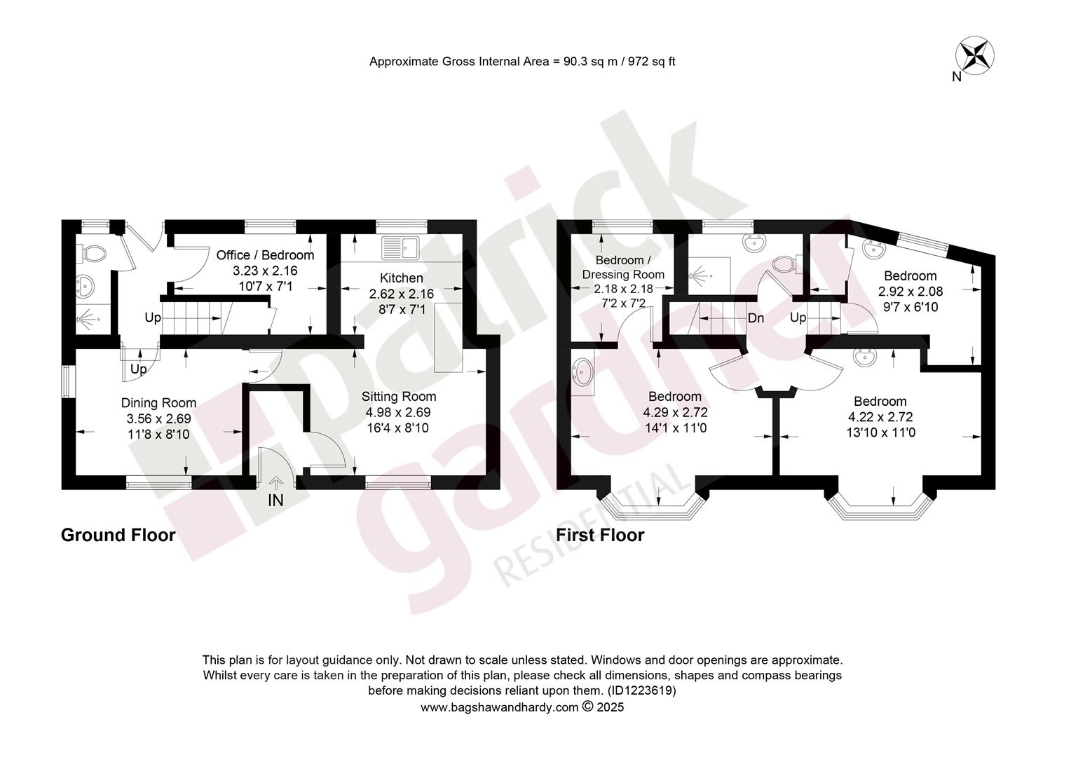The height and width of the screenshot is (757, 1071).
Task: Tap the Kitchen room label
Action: [401, 278]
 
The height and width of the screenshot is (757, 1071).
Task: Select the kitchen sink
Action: [400, 247]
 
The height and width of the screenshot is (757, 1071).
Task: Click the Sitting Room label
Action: [399, 397]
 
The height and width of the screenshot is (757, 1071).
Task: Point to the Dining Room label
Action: [158, 403]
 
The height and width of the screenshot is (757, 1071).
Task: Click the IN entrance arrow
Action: [275, 484]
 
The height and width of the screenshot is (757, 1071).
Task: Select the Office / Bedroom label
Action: [265, 255]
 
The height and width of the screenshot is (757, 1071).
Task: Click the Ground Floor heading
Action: [118, 535]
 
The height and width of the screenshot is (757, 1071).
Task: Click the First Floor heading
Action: [600, 535]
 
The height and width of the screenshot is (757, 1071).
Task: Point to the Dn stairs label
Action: [756, 318]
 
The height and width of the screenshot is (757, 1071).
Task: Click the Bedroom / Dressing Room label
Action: [623, 267]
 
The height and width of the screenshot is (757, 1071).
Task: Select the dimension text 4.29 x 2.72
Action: [675, 412]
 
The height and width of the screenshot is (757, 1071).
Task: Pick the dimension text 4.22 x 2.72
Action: [880, 417]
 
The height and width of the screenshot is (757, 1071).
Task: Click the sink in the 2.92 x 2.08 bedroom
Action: [875, 249]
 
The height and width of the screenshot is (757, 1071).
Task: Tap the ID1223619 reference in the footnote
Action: [641, 690]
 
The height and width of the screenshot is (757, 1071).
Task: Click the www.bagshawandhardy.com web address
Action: [500, 707]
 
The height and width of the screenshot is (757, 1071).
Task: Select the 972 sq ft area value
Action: [652, 62]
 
